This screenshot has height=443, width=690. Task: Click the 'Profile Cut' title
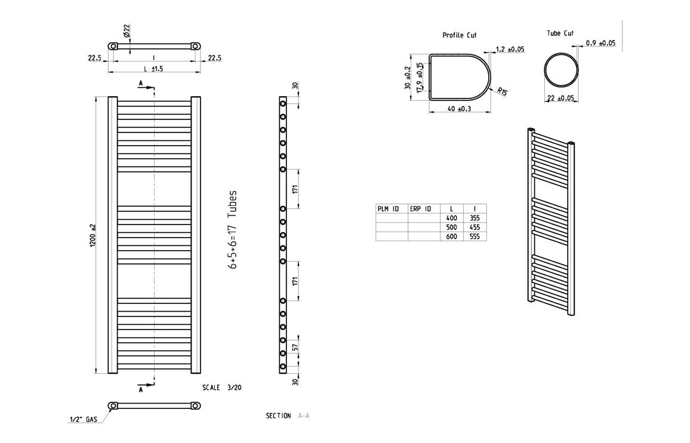459,35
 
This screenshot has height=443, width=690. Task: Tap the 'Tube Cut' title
560,33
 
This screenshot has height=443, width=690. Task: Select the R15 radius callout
502,91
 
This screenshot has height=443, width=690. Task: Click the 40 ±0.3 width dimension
459,108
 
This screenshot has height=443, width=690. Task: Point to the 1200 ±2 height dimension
93,236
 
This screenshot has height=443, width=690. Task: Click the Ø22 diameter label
127,31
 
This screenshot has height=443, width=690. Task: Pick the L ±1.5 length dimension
153,69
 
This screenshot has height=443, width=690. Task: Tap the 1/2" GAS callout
83,419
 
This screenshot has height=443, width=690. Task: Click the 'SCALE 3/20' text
222,387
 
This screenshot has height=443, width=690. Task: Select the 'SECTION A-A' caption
287,416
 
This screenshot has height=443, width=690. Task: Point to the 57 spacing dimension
295,346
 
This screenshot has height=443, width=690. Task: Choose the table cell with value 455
475,227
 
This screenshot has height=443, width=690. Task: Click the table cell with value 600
451,236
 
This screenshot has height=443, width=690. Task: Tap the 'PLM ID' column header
388,209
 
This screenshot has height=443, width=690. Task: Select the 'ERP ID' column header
421,209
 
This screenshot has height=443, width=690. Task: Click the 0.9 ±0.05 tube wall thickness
600,43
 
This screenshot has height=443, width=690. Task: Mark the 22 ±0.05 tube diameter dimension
560,98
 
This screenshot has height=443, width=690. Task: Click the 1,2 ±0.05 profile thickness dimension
510,50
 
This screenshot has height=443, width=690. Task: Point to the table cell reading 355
475,218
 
